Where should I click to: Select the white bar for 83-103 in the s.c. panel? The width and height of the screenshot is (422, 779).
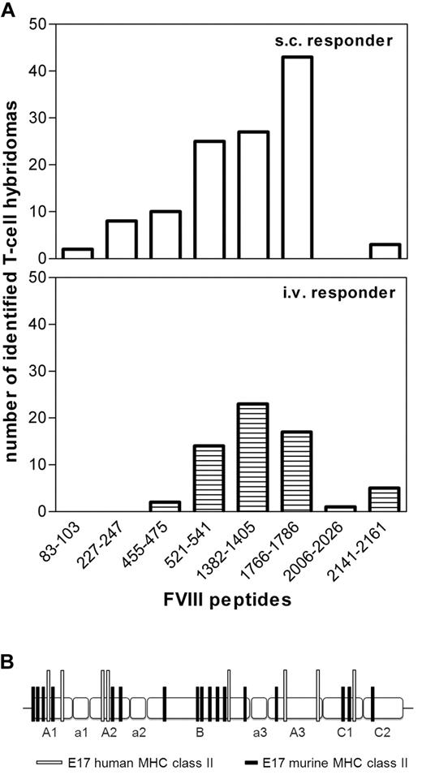[78, 253]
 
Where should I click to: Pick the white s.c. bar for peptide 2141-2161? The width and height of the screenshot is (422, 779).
[384, 251]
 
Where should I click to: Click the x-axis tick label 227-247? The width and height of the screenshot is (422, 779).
[110, 549]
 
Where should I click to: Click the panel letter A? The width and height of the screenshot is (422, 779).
[11, 11]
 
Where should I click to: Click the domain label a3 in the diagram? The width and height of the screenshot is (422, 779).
[259, 733]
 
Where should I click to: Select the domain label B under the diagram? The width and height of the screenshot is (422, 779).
[200, 733]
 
